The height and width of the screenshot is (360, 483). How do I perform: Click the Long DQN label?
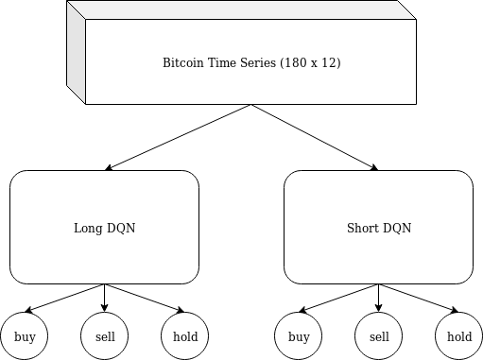105,228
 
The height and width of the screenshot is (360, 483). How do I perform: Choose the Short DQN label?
379,228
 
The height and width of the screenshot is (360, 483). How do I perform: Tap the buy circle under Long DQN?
25,336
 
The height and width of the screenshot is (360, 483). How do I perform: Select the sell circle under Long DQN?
105,336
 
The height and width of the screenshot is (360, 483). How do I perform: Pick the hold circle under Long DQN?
185,336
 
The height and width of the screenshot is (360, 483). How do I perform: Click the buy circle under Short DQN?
299,336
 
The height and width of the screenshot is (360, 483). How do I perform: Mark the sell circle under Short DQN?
379,336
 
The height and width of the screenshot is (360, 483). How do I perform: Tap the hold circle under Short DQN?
459,336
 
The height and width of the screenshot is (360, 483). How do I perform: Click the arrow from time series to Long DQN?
178,137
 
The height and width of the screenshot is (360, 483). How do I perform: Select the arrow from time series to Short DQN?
315,137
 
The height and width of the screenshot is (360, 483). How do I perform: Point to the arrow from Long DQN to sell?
105,298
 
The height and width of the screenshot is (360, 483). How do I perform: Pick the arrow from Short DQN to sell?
379,298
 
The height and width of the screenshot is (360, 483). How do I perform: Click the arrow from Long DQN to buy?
64,298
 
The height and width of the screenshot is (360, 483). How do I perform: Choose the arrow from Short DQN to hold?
419,298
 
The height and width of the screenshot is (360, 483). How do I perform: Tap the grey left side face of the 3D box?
76,52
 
